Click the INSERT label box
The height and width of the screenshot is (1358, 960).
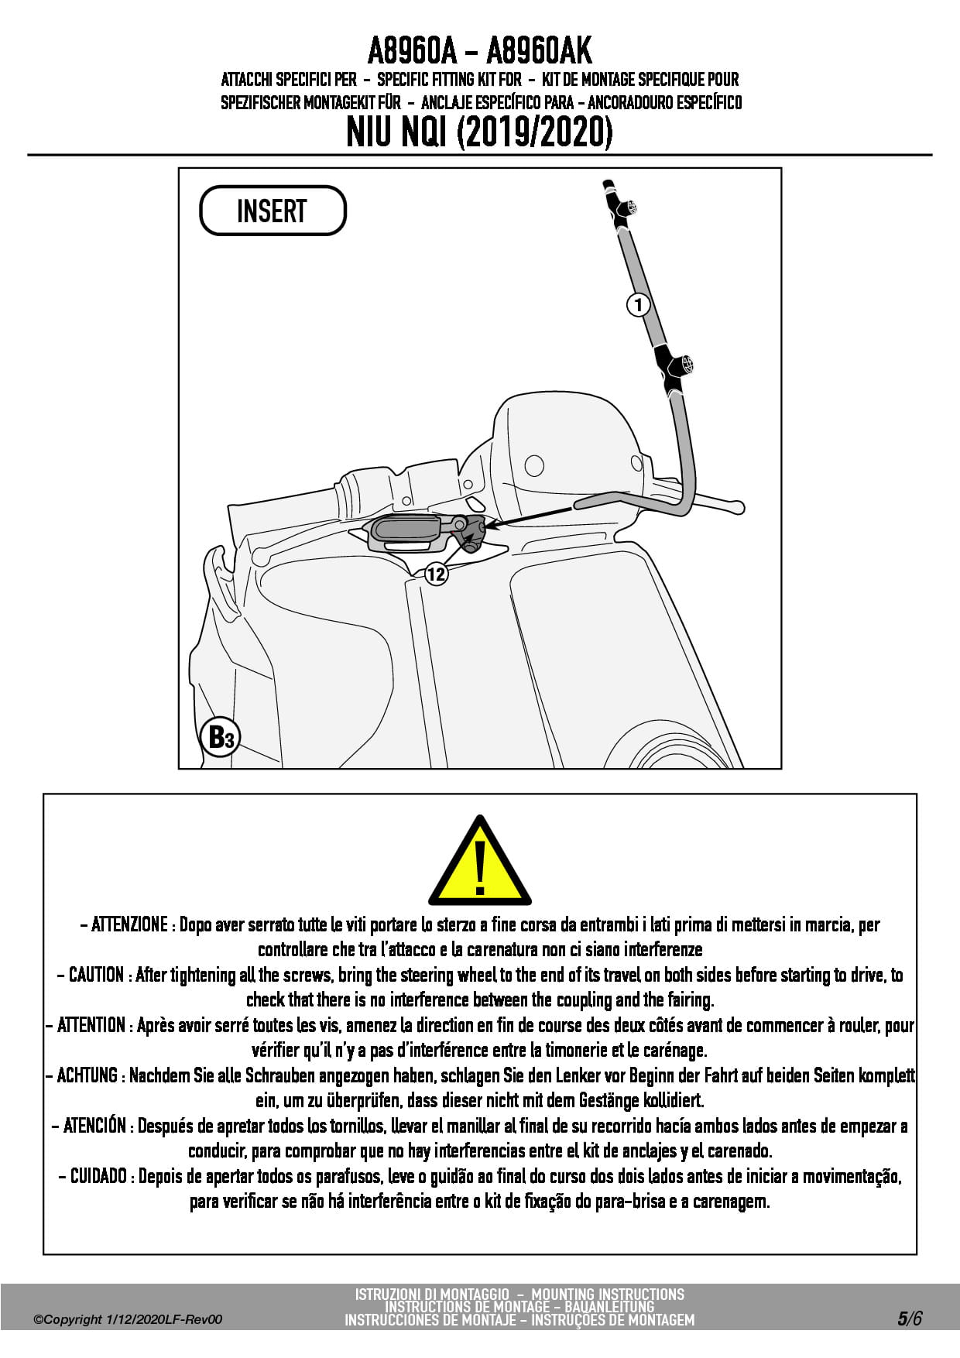(x=273, y=211)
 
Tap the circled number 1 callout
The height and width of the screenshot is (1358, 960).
(x=638, y=305)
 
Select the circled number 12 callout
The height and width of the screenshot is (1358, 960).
(x=437, y=574)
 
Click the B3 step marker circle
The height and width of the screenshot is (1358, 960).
(x=221, y=737)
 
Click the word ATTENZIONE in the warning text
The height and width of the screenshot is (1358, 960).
(x=129, y=924)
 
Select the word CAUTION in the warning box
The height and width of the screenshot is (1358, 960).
(x=97, y=975)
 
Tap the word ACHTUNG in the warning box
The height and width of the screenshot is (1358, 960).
(x=87, y=1075)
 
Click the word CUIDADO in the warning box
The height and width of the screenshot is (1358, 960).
(x=98, y=1176)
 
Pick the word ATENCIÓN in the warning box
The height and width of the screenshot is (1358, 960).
(x=94, y=1126)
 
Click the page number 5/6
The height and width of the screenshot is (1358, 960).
(x=910, y=1319)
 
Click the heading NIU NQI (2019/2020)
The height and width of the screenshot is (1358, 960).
(x=479, y=132)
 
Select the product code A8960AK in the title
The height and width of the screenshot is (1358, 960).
(x=539, y=52)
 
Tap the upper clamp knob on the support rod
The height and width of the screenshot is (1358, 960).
(x=631, y=207)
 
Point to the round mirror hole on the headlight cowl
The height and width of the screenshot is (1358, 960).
(x=534, y=465)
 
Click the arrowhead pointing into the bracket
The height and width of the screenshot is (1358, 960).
(x=490, y=526)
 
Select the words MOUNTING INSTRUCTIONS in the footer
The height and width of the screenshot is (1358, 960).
(x=608, y=1294)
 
